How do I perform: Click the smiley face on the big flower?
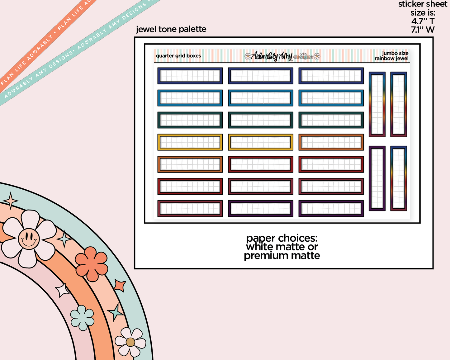pos(29,239)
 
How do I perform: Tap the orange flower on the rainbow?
pos(92,263)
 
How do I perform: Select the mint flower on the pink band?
pos(82,317)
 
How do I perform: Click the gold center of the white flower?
pos(130,342)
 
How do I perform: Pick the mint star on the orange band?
pos(116,312)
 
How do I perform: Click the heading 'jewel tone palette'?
pos(171,29)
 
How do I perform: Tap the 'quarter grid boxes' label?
pos(178,56)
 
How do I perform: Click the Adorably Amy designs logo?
pos(282,56)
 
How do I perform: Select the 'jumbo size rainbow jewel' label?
pos(391,56)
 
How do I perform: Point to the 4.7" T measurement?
pos(423,21)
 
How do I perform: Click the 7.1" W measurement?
pos(423,30)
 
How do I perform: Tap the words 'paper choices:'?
pos(282,238)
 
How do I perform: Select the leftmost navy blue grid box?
pos(190,76)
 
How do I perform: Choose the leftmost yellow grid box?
pos(190,142)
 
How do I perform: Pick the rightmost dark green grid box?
pos(331,120)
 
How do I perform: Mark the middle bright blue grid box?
pos(260,98)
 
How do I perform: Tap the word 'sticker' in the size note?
pos(410,4)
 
